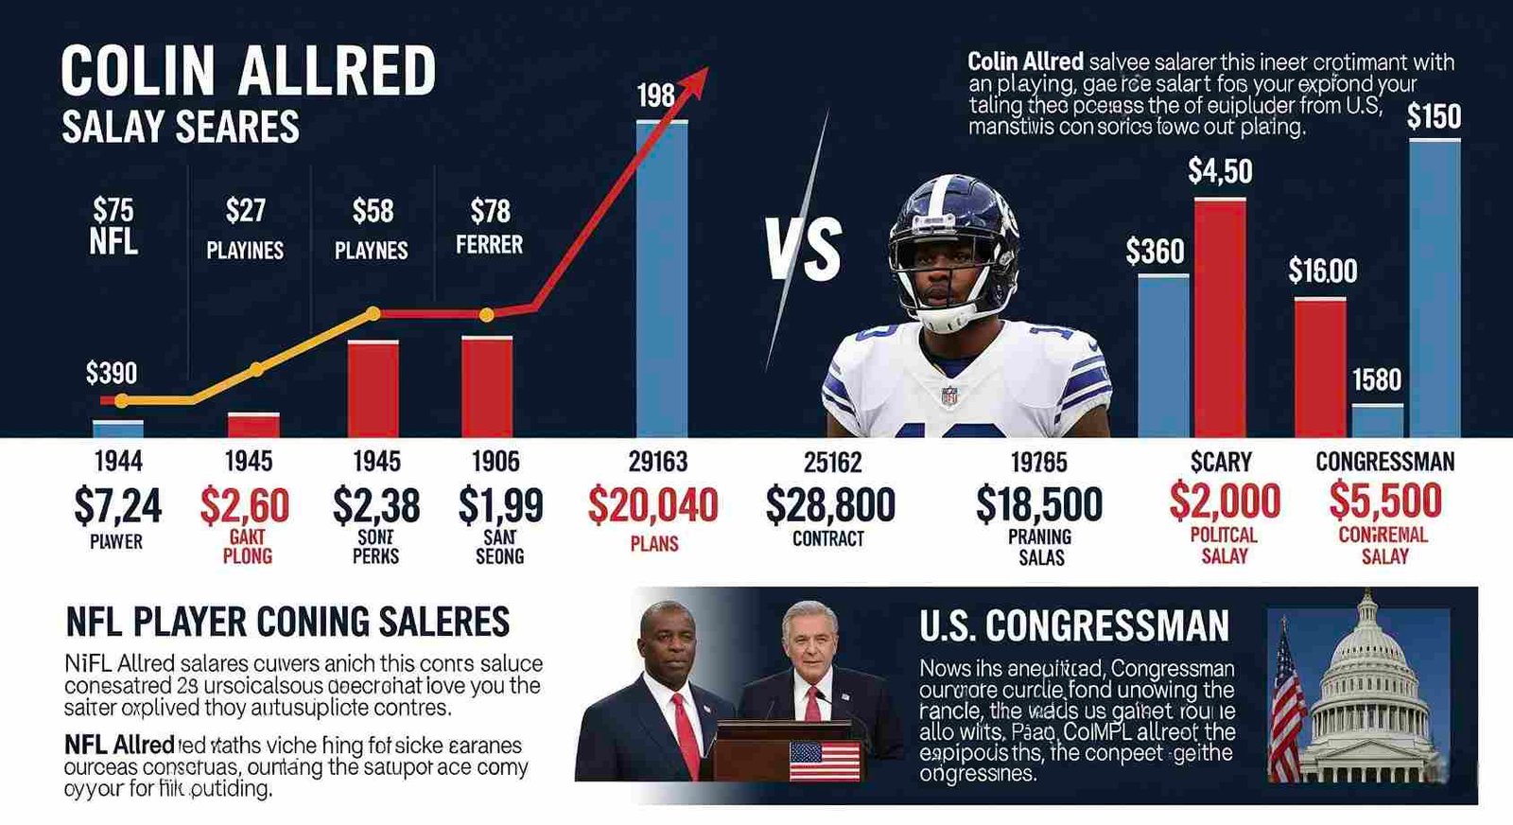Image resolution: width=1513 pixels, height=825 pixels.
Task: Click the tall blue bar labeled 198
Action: (x=662, y=279)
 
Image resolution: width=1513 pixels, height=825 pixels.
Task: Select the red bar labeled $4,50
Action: (x=1220, y=317)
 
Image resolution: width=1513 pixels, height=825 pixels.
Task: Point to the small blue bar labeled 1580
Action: (x=1377, y=420)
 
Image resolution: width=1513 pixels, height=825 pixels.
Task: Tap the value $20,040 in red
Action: (x=652, y=505)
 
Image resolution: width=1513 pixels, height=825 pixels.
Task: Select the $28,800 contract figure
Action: (x=830, y=505)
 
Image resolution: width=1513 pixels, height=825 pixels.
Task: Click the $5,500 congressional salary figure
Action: (x=1385, y=500)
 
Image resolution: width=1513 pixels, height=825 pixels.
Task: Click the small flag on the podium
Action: (x=824, y=760)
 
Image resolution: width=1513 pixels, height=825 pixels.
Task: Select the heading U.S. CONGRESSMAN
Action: (x=1074, y=626)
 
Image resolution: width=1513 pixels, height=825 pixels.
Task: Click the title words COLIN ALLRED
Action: (x=248, y=71)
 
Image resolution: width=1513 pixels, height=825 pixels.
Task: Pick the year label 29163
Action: (x=658, y=462)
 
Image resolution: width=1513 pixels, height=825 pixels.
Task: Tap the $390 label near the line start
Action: (x=112, y=373)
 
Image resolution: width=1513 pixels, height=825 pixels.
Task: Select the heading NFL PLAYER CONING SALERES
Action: (x=287, y=622)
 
